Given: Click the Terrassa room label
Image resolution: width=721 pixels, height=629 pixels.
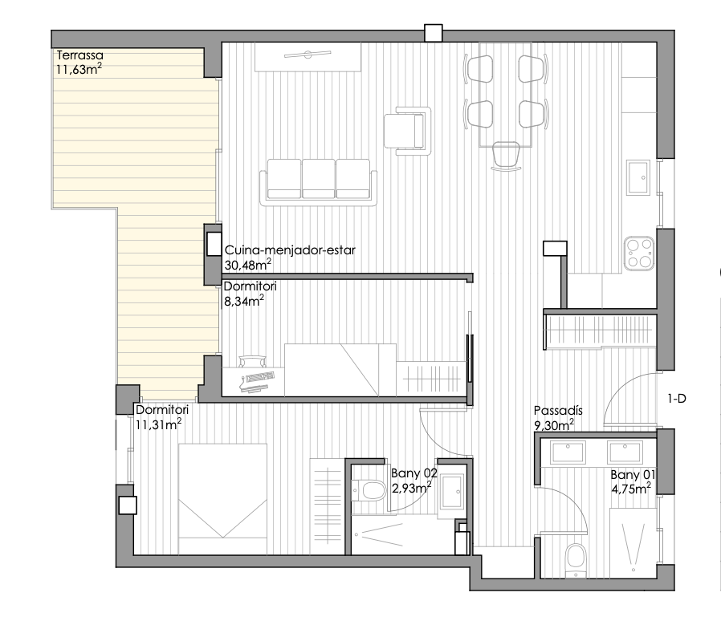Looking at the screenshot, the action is coord(79,55).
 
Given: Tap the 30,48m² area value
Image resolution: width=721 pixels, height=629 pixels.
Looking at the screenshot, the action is coord(248,265).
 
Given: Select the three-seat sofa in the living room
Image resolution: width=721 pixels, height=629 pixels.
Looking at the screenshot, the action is coord(318,182).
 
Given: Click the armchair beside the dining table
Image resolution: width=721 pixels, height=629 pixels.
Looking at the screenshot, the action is coord(407,131).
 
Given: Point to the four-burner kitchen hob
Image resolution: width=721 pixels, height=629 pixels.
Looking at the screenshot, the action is coord(639,254).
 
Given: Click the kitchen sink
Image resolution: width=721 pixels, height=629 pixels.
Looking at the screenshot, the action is coord(638,177).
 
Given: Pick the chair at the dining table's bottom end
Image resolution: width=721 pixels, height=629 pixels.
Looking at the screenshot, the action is coord(506,156).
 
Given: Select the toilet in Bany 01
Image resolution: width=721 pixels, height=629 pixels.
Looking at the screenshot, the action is coord(575,561).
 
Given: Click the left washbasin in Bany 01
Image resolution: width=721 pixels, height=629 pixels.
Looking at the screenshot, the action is coord(568,452).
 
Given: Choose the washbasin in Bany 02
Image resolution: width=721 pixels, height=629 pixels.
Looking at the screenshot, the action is coord(452,492).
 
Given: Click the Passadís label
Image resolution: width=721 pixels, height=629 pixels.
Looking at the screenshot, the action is coord(558,410).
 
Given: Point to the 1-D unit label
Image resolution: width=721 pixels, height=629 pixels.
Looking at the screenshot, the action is coord(676,399).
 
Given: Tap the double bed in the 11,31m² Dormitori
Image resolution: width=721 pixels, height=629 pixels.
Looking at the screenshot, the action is coord(222,498).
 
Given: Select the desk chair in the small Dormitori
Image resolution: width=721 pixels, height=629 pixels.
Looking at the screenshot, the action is coord(252,361).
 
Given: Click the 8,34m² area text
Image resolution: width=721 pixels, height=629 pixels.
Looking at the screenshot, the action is coord(244,301).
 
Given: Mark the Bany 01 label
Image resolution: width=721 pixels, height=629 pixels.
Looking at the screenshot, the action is coord(633,475).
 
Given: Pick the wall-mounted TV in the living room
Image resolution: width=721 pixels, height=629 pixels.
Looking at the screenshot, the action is coord(308,55).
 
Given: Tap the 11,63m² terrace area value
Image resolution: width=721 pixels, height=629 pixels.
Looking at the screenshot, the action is coord(79,69).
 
